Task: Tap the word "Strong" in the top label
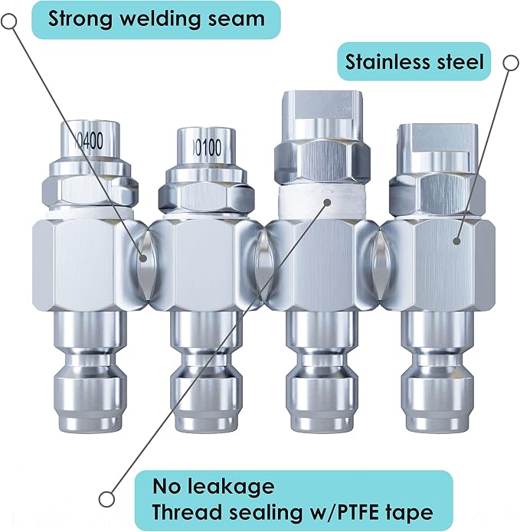pos(80,19)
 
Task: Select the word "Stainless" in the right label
pos(382,62)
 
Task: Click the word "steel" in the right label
pos(455,62)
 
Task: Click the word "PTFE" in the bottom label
pos(358,512)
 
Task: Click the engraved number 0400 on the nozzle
pos(89,141)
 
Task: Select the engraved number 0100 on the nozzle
pos(208,148)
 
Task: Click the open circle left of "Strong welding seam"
pos(9,21)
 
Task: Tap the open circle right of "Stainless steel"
pos(511,63)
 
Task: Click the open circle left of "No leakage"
pos(106,499)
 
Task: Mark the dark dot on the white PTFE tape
pos(327,203)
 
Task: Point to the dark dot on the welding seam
pos(143,258)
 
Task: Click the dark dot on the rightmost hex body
pos(457,241)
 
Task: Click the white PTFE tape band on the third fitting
pos(322,203)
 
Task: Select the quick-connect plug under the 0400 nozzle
pos(90,372)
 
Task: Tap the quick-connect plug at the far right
pos(437,372)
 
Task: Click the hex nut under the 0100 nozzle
pos(206,198)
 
